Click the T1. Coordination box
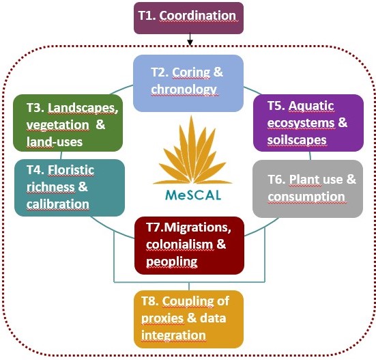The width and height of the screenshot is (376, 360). pos(188,18)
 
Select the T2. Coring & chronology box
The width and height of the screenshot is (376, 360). pos(188,83)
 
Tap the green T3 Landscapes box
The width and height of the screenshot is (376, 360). pos(68,123)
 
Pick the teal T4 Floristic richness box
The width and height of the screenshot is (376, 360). pos(70,188)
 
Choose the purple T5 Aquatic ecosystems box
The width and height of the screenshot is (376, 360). pos(308,123)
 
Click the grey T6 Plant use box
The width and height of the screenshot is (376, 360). pos(308,189)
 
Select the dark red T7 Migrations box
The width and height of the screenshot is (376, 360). pos(190,245)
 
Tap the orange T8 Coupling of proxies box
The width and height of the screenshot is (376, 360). pos(189,319)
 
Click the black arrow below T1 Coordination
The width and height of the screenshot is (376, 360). pos(190,39)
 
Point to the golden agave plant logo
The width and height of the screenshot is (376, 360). pos(192,150)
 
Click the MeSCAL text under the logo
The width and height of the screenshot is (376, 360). pos(193,195)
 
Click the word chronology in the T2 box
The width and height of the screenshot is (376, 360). pos(184,89)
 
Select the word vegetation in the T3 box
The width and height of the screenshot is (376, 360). pos(57,125)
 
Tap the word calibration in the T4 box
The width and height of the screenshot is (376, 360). pos(58,204)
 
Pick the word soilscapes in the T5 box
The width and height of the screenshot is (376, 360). pos(297,140)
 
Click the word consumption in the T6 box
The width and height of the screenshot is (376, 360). pos(306,197)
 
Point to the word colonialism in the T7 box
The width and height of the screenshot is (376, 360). pos(179,245)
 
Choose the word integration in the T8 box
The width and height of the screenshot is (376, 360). pos(173,335)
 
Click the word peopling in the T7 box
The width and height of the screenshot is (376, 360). pos(172,262)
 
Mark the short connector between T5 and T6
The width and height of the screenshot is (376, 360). pos(310,156)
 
